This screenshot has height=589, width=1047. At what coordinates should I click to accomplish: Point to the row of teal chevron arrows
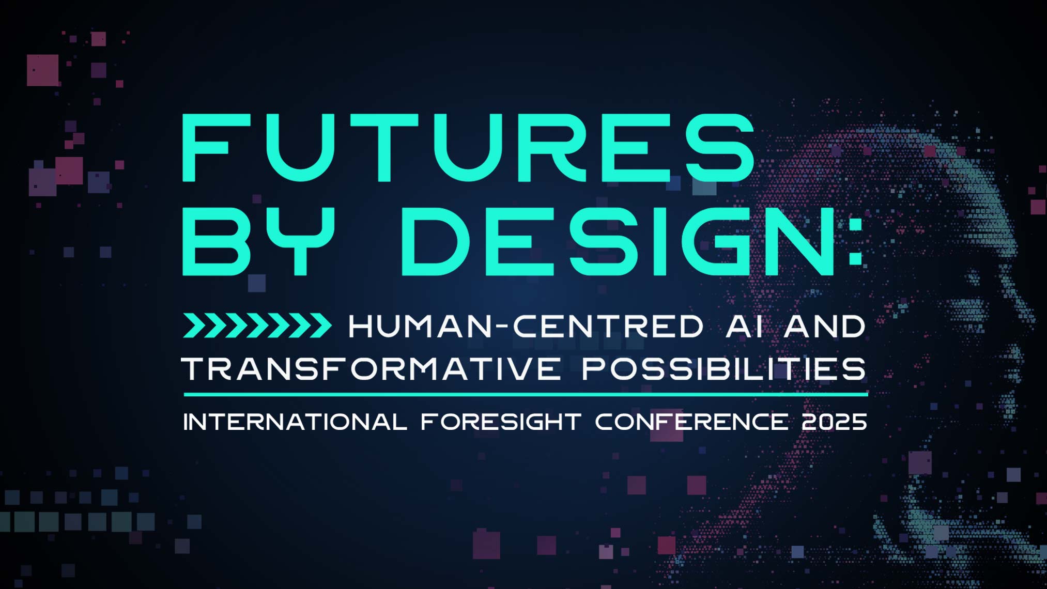point(257,326)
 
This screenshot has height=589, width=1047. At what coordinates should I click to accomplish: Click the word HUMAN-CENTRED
point(526,327)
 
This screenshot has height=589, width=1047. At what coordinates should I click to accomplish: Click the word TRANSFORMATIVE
point(371,368)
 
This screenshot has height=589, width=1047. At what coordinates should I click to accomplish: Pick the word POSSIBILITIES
point(724,368)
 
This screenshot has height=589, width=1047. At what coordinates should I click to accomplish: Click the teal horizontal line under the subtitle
point(526,395)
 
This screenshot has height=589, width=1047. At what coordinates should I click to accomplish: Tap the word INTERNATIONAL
point(295,422)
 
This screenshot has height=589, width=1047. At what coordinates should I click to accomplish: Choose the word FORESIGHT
point(501,422)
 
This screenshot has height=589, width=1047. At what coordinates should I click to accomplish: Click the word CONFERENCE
point(691,422)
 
